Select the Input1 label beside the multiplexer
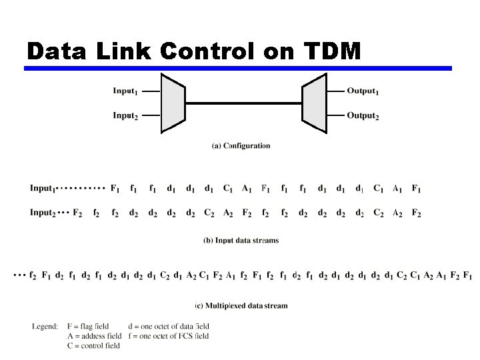126,91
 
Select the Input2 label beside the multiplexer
126,115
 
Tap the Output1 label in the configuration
363,91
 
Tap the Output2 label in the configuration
363,115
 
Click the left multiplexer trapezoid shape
173,103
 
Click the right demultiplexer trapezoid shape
314,103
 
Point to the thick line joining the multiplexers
243,103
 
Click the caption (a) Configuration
241,145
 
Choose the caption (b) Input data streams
241,240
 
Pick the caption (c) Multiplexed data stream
241,306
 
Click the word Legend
45,326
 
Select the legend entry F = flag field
88,326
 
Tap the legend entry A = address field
94,336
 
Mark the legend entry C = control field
93,345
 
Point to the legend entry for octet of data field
168,326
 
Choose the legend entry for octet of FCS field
168,336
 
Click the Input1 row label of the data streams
43,189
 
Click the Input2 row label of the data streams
43,213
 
